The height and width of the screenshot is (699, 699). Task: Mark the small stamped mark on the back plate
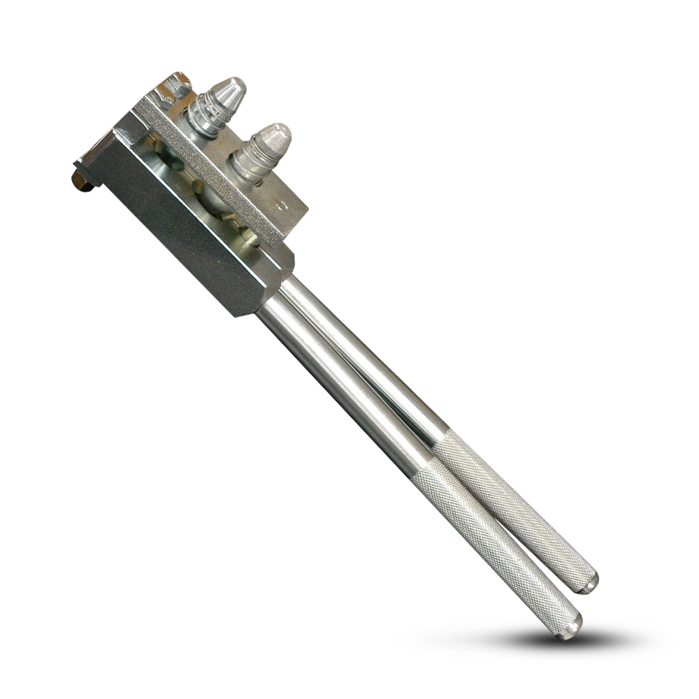coord(281,206)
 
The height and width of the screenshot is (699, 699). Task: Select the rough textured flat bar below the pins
coord(210,168)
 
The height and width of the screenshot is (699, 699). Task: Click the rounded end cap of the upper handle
coord(589,582)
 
